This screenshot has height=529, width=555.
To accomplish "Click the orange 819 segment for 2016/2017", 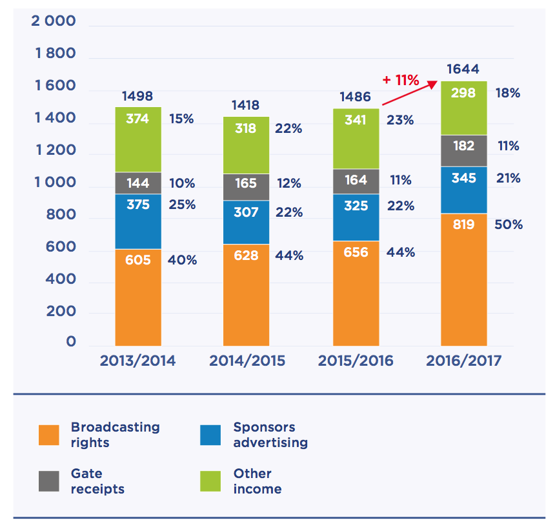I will click(x=463, y=279).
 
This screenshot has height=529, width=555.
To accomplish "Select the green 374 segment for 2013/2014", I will click(x=138, y=139).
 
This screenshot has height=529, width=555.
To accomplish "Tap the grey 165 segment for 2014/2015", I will click(x=246, y=186).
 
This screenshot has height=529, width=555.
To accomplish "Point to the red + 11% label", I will click(x=401, y=81).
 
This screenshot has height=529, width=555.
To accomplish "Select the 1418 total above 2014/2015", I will click(x=246, y=105).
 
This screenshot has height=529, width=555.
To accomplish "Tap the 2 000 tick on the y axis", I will click(x=54, y=21).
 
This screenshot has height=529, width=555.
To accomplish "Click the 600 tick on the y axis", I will click(x=62, y=248).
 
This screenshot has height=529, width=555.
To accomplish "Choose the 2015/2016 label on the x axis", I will click(x=356, y=361).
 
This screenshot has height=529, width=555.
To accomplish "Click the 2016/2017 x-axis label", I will click(x=463, y=361).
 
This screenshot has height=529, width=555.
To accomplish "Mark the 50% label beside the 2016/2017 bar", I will click(x=509, y=225).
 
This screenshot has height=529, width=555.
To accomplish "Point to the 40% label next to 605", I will click(x=183, y=260).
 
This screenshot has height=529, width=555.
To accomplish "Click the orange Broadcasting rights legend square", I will click(x=49, y=435).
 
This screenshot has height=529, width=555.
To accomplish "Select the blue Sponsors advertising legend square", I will click(x=211, y=435).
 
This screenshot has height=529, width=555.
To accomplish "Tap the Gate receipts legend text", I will click(x=97, y=481).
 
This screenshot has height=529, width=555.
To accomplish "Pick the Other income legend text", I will click(x=257, y=481).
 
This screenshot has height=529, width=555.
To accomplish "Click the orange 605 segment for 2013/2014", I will click(x=138, y=297).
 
